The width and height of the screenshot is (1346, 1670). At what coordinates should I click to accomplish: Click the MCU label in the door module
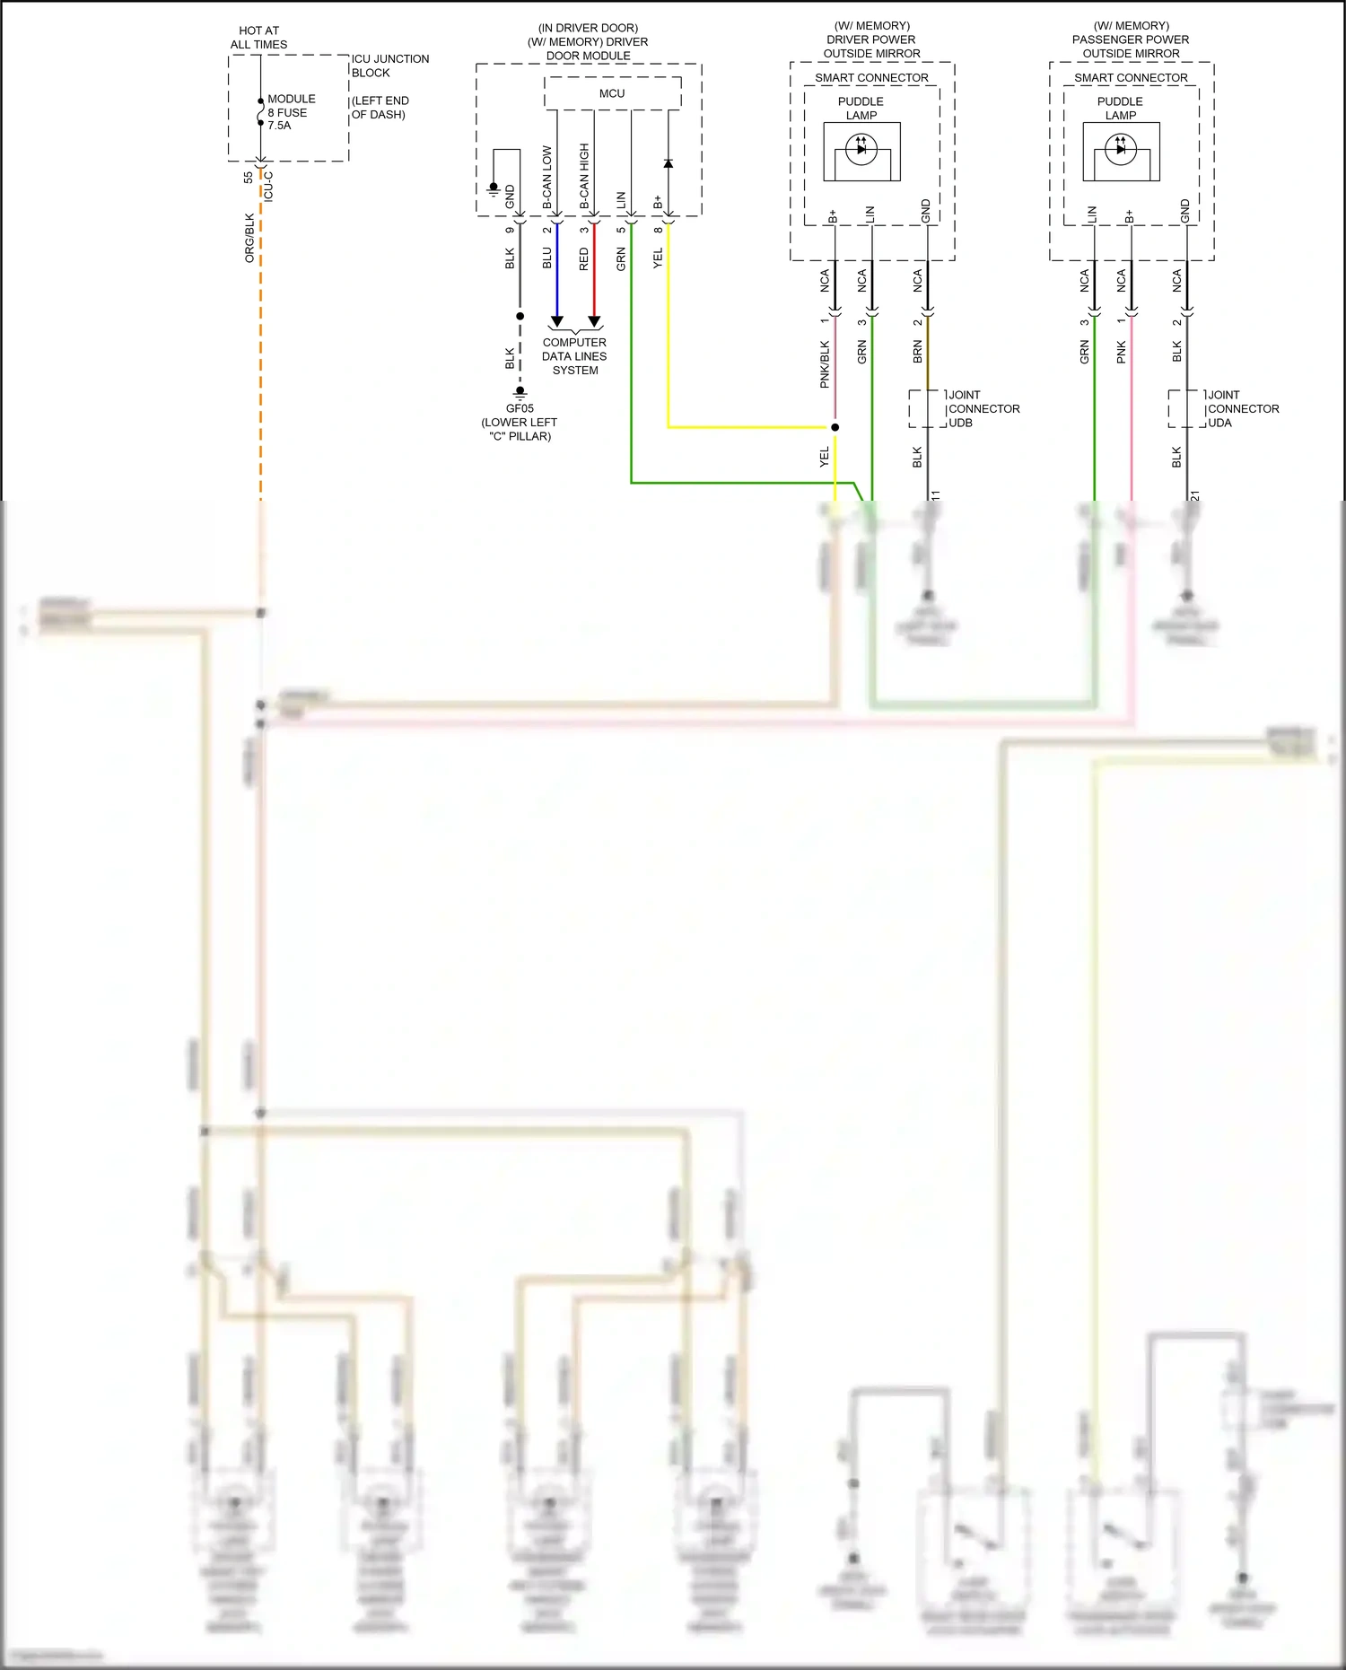(x=612, y=93)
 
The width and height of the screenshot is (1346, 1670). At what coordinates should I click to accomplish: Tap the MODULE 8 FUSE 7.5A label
(x=290, y=112)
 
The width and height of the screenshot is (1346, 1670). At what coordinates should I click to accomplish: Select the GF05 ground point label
(x=520, y=408)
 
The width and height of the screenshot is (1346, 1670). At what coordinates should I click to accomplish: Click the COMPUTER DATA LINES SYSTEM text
(x=574, y=356)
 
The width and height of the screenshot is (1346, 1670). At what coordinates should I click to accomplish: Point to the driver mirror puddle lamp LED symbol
(x=861, y=149)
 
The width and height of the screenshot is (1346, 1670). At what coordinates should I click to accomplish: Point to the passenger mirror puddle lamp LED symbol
(x=1121, y=149)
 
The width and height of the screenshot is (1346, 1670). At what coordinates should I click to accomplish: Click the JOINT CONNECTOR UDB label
(x=983, y=408)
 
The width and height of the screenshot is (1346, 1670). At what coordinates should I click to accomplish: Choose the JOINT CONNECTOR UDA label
(x=1243, y=408)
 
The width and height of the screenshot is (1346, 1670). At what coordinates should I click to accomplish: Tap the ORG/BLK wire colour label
(x=249, y=238)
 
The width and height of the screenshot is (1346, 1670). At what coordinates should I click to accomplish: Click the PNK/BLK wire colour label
(x=825, y=364)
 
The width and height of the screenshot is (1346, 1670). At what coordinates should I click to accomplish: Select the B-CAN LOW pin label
(x=547, y=178)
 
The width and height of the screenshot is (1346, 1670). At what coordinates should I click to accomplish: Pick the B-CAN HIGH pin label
(x=584, y=177)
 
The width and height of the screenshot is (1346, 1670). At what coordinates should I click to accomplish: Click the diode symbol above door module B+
(x=669, y=163)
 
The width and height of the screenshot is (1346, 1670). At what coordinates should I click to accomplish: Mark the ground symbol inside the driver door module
(x=494, y=188)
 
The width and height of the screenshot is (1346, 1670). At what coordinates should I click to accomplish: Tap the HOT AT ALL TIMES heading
(x=258, y=38)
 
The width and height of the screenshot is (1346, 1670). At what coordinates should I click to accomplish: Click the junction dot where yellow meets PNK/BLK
(x=835, y=427)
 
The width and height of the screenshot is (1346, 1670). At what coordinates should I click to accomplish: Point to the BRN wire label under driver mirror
(x=917, y=351)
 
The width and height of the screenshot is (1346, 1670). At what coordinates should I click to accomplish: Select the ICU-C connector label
(x=268, y=187)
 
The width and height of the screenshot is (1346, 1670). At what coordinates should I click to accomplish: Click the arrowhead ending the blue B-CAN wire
(x=556, y=321)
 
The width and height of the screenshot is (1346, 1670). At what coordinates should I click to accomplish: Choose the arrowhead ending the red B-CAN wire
(x=594, y=321)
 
